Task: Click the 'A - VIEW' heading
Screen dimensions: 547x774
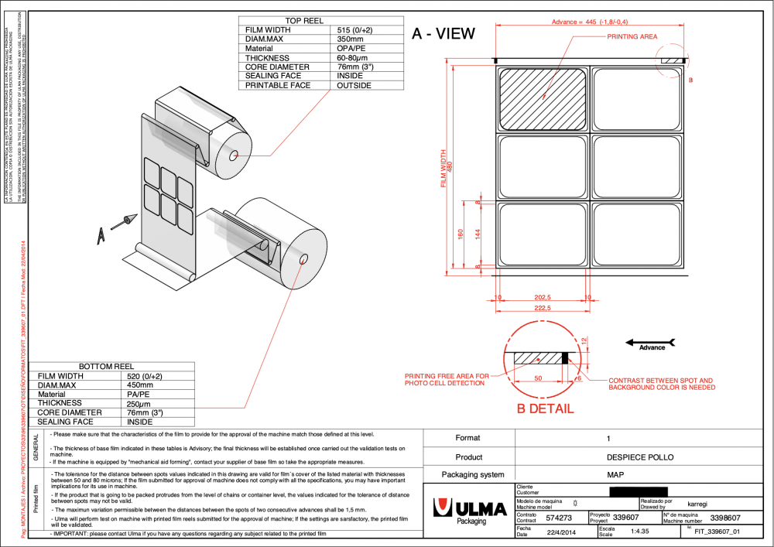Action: pos(443,34)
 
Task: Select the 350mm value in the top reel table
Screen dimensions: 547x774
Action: pos(351,39)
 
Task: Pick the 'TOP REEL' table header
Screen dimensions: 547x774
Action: pos(304,21)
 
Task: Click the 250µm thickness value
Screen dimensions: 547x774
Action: pos(140,403)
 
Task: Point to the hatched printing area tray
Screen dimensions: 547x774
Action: pos(543,99)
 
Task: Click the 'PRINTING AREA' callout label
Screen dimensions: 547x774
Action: pos(632,36)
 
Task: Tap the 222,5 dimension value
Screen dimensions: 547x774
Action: pos(543,308)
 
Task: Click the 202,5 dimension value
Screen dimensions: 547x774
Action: pos(543,297)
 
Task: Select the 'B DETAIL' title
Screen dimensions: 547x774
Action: pos(545,409)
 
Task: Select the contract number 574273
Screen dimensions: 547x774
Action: pos(559,518)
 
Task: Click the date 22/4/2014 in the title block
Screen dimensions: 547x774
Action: pos(563,532)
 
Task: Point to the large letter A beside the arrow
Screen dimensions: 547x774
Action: pos(101,237)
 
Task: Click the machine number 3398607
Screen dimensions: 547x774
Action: pos(725,518)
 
